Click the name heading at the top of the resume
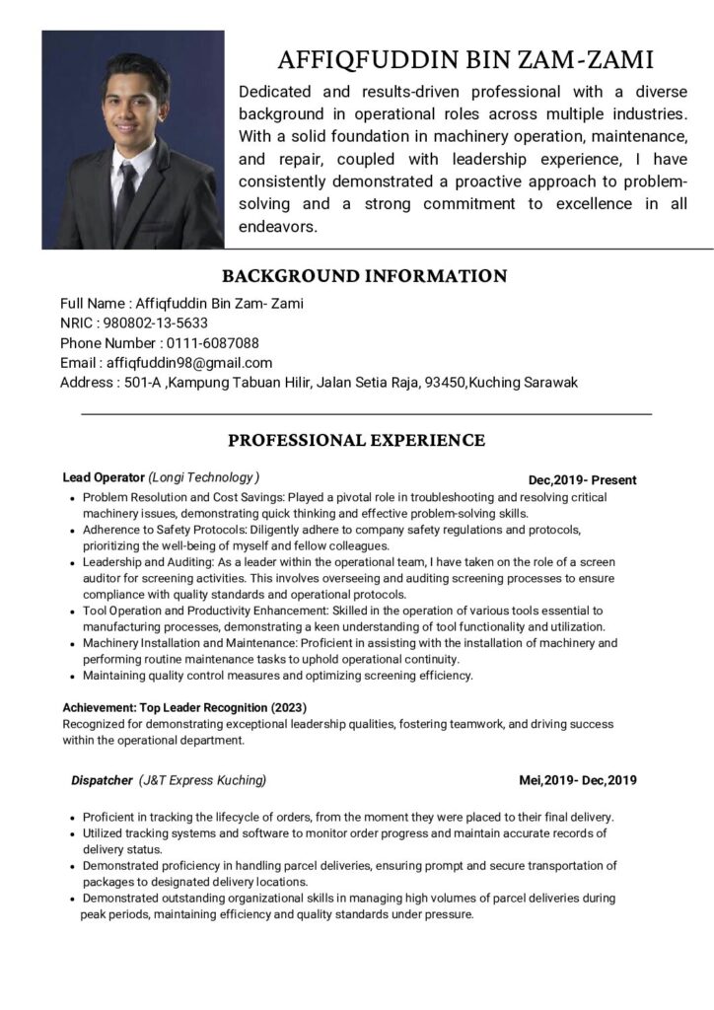tap(465, 60)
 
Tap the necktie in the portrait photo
tap(125, 193)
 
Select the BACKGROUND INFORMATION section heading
tap(364, 276)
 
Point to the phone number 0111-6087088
tap(212, 343)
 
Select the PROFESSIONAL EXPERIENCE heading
tap(356, 440)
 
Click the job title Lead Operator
tap(103, 477)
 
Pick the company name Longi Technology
tap(204, 477)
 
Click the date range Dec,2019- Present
tap(582, 480)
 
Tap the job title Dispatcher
tap(102, 780)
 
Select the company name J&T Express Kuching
tap(203, 780)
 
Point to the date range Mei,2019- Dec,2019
tap(578, 781)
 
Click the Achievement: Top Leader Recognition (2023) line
tap(184, 708)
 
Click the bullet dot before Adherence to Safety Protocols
tap(73, 531)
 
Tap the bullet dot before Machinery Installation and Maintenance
tap(73, 644)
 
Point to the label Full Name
tap(92, 304)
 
